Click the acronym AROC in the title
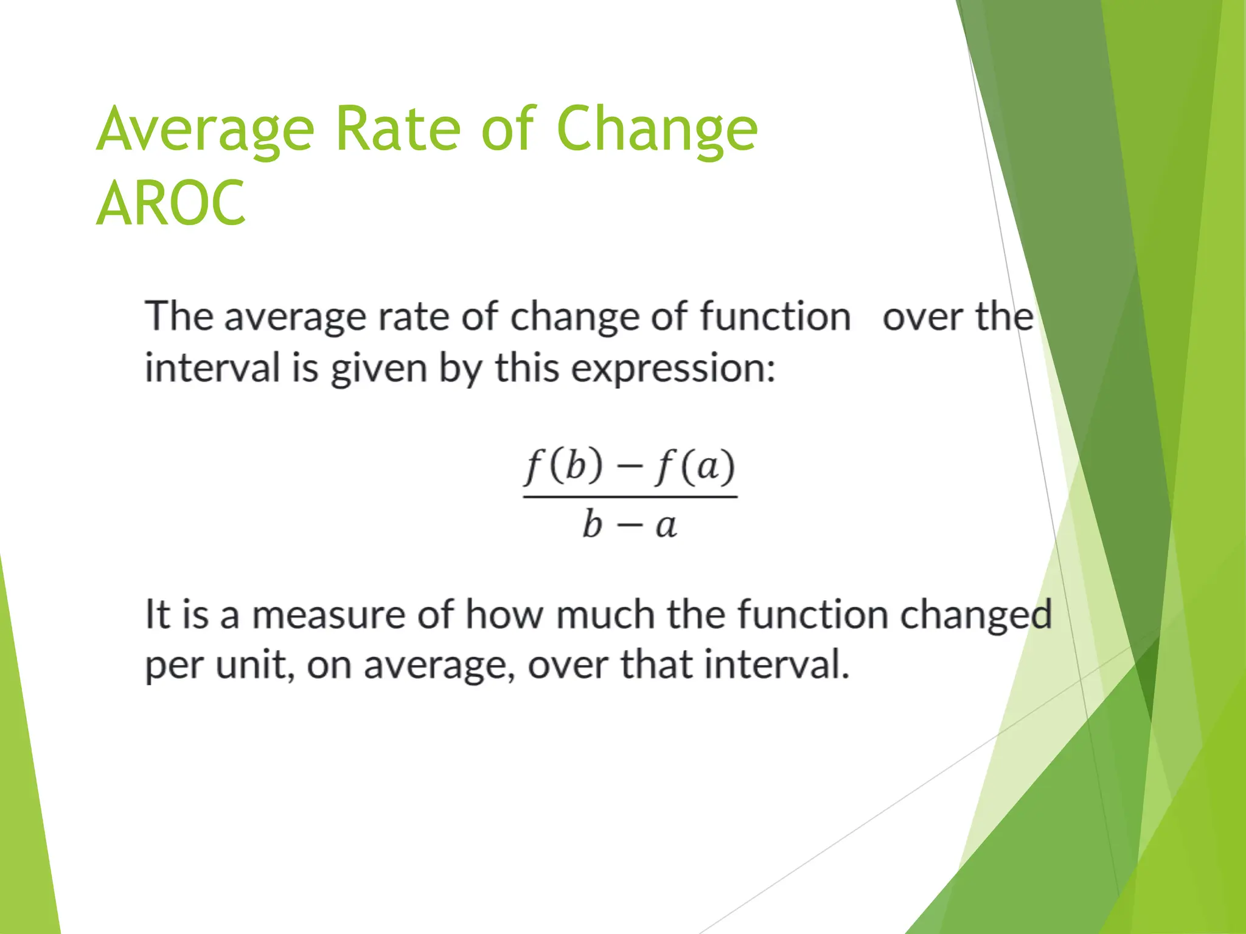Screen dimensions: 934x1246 click(171, 203)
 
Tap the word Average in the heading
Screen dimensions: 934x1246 click(206, 130)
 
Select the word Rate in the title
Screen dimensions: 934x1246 click(398, 128)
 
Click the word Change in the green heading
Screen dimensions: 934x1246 click(657, 130)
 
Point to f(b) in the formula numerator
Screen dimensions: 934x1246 click(563, 467)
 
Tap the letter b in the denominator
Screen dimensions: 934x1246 click(592, 524)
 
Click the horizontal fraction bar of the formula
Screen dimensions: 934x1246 click(630, 497)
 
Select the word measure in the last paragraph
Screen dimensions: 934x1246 click(329, 615)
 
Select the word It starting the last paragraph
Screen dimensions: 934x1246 click(157, 614)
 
